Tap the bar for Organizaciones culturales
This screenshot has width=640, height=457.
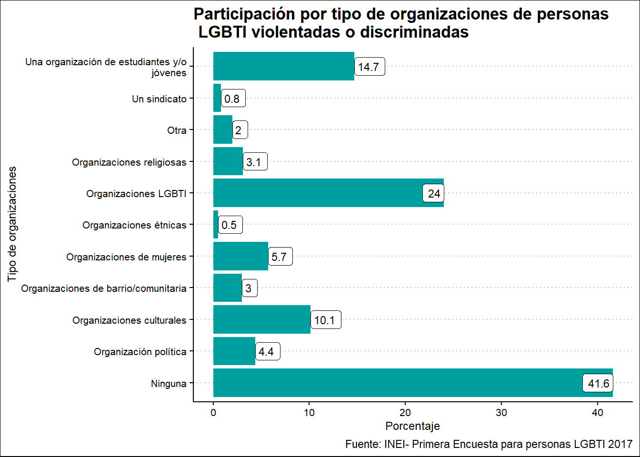click(x=261, y=319)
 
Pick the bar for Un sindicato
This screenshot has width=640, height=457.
click(x=217, y=98)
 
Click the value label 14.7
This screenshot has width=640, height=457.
click(x=369, y=67)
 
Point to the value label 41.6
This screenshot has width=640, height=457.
click(x=598, y=384)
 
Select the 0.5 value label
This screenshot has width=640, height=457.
click(x=230, y=225)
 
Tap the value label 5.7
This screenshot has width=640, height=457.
click(x=280, y=257)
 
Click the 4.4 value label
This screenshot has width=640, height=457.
click(x=267, y=352)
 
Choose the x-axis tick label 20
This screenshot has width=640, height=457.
click(x=405, y=413)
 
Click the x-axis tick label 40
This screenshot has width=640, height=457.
click(x=598, y=413)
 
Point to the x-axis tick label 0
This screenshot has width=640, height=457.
click(x=213, y=413)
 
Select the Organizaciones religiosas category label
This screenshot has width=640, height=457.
click(x=129, y=162)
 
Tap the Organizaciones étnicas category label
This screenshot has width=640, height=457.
click(x=134, y=225)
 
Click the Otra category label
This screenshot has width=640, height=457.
click(x=177, y=130)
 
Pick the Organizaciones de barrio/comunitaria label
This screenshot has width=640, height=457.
click(x=104, y=288)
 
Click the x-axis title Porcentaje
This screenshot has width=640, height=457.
click(x=412, y=426)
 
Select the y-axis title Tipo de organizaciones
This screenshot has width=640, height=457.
click(x=12, y=224)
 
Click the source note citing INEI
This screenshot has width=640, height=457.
click(x=489, y=444)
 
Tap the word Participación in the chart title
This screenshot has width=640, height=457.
click(x=244, y=14)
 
